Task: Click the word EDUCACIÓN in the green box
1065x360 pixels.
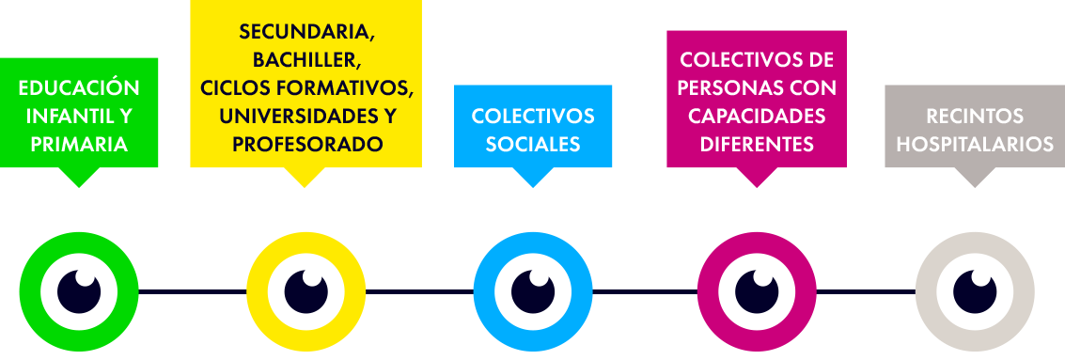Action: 79,88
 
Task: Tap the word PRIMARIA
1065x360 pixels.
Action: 79,144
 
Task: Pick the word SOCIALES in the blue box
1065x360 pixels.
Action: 532,144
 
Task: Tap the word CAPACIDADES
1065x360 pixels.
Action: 757,117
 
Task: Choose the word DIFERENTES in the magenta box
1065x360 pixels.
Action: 757,144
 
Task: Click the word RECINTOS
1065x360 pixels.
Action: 975,117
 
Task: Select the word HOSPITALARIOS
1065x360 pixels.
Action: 975,144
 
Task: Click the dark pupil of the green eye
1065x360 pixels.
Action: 79,292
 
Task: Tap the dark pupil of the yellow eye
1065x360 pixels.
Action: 305,292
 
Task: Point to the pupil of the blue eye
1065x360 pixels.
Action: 532,292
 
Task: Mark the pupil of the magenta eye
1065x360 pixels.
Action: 757,292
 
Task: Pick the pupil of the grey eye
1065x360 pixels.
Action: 975,292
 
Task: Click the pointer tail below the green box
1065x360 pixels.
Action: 79,176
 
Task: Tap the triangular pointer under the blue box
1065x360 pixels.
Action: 532,176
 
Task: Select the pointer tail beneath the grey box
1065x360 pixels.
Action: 975,176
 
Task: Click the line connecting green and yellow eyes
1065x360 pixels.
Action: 192,292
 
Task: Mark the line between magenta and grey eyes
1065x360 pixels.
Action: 866,292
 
